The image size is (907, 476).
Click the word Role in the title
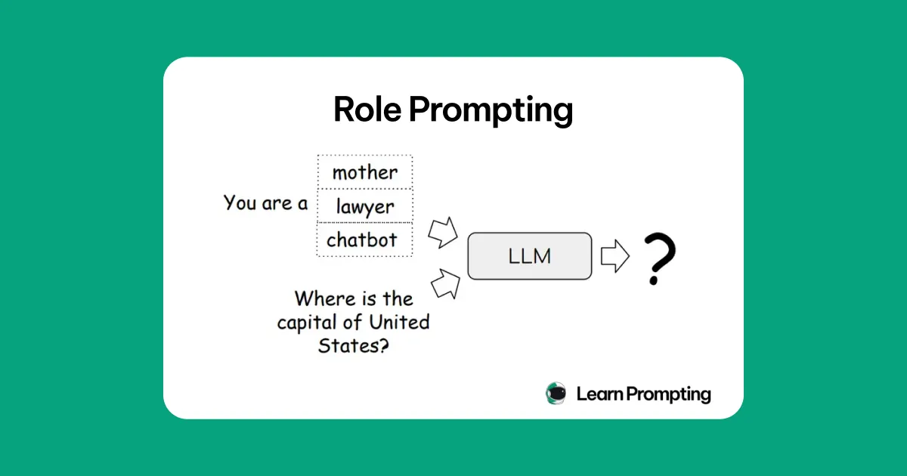pyautogui.click(x=367, y=110)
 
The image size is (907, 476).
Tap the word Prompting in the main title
pyautogui.click(x=491, y=111)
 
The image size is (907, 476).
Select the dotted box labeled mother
pyautogui.click(x=365, y=172)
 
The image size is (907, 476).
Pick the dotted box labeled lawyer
pyautogui.click(x=365, y=206)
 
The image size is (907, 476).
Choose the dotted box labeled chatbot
pyautogui.click(x=365, y=240)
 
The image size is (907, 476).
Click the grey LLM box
pyautogui.click(x=530, y=256)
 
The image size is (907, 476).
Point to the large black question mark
pyautogui.click(x=660, y=258)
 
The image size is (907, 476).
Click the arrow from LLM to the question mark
pyautogui.click(x=615, y=256)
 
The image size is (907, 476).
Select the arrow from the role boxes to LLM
pyautogui.click(x=443, y=233)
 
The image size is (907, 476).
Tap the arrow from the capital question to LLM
pyautogui.click(x=446, y=284)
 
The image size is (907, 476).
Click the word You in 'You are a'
pyautogui.click(x=240, y=202)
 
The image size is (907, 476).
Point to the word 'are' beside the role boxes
pyautogui.click(x=277, y=203)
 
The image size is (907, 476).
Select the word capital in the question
pyautogui.click(x=307, y=323)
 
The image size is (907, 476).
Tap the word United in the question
pyautogui.click(x=399, y=322)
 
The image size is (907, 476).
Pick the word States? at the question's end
pyautogui.click(x=354, y=346)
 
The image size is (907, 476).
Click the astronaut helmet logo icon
pyautogui.click(x=556, y=394)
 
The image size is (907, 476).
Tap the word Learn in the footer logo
pyautogui.click(x=599, y=394)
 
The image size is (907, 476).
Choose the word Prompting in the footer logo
pyautogui.click(x=668, y=394)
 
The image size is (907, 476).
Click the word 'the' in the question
pyautogui.click(x=398, y=298)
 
